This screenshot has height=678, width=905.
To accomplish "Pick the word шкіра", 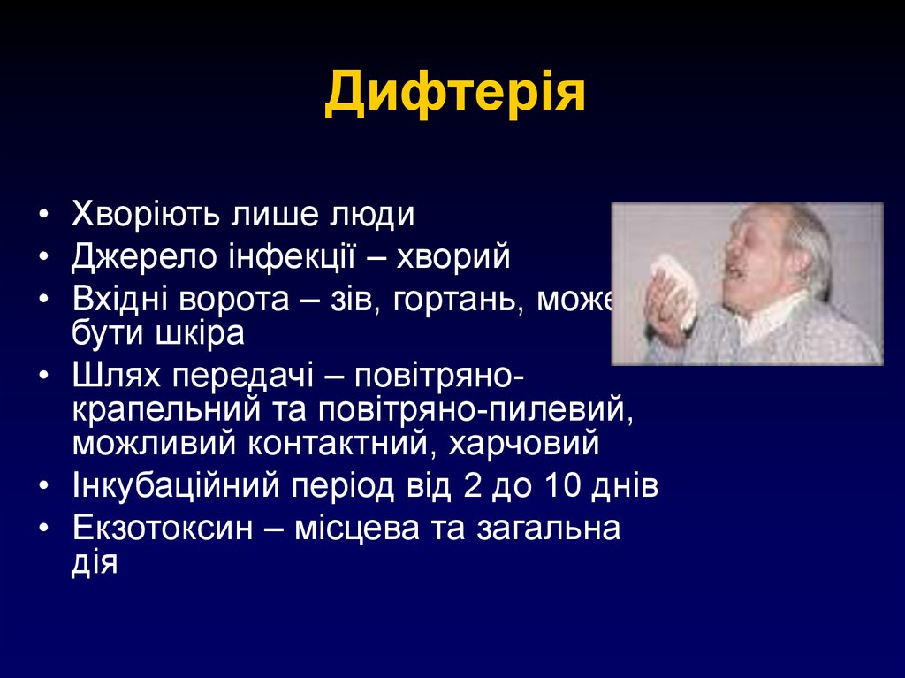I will (200, 334).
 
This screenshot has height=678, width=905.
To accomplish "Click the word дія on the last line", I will (95, 563).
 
